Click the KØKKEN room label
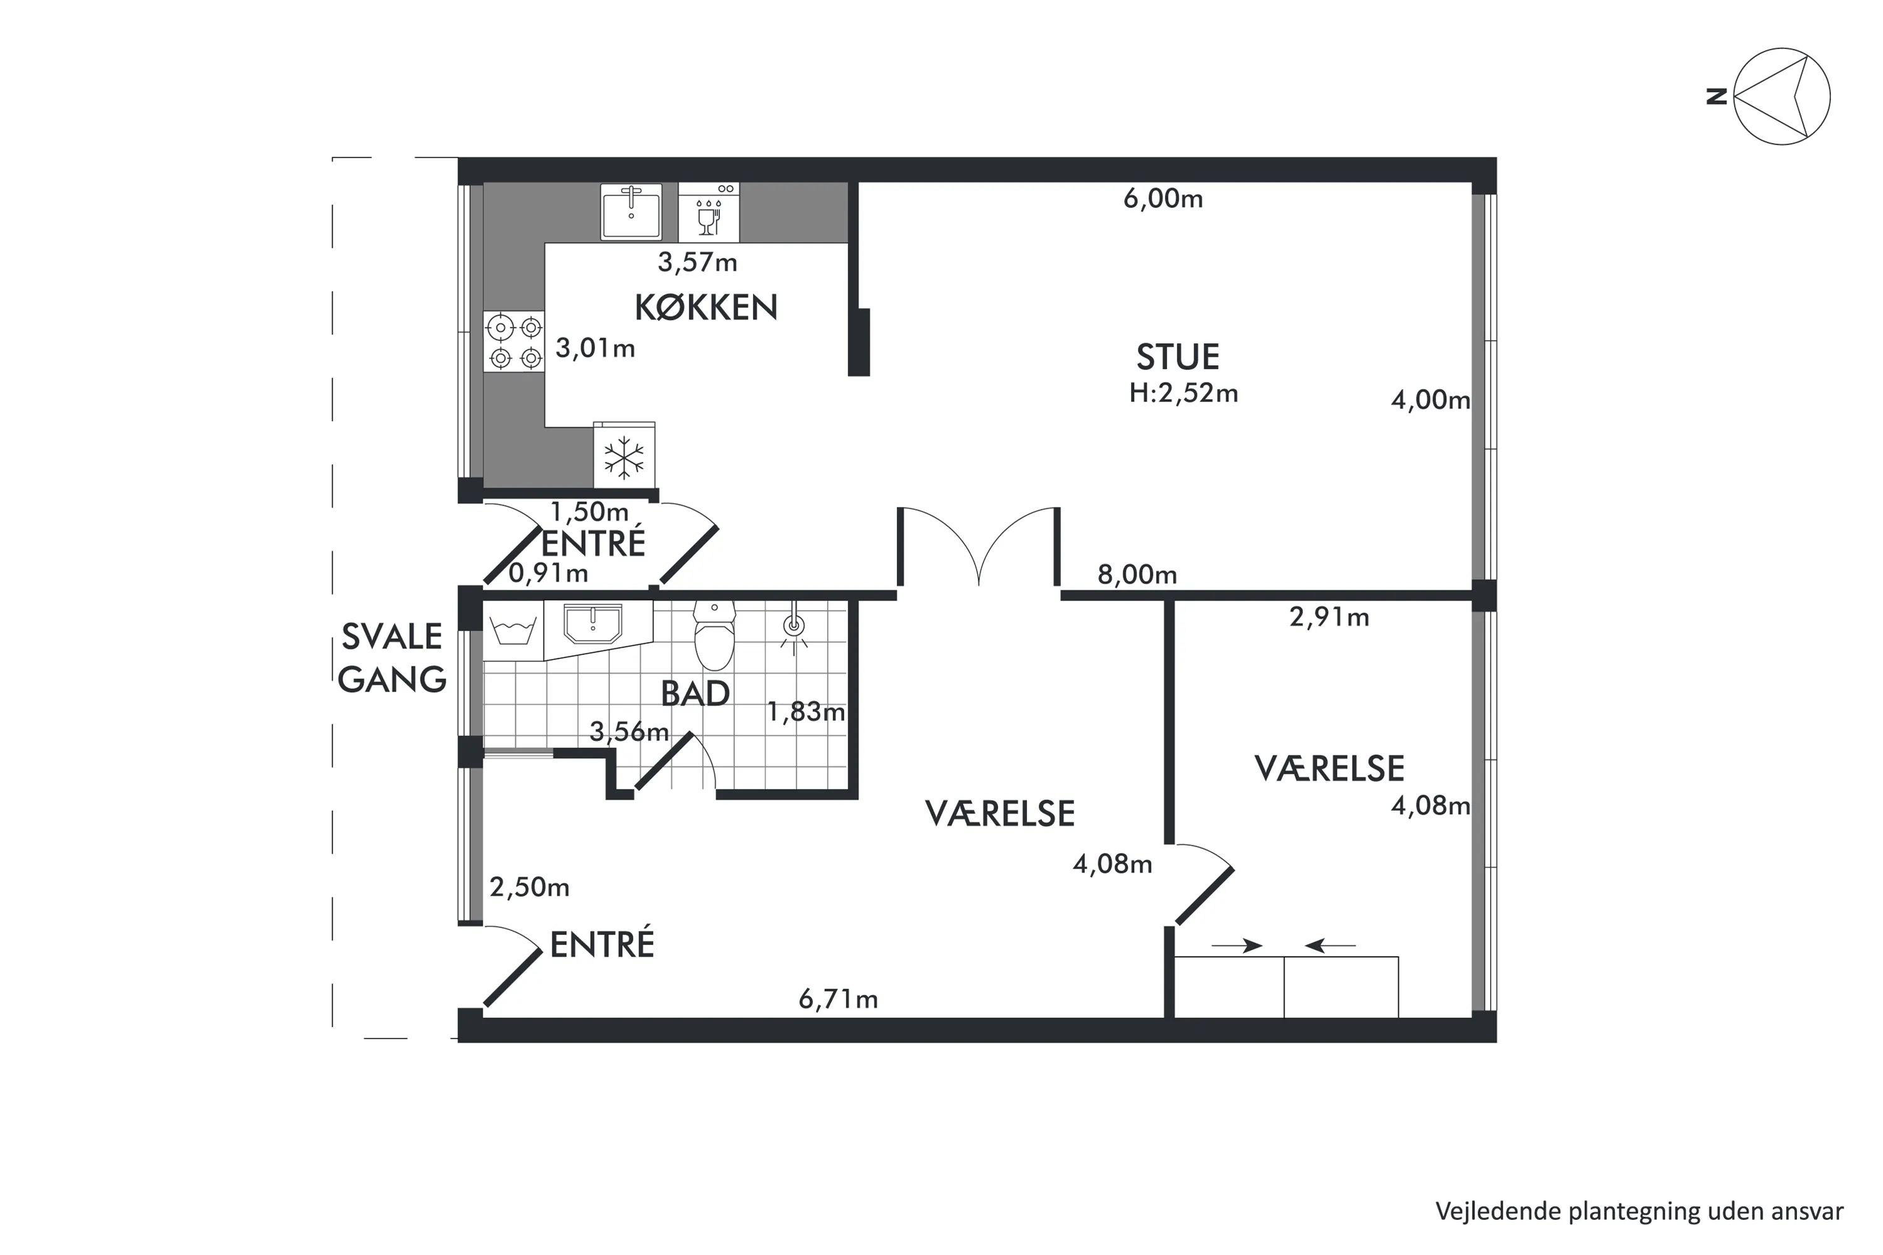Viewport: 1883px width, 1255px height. tap(706, 307)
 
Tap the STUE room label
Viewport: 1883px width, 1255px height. tap(1178, 357)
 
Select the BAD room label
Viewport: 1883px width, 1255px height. tap(695, 694)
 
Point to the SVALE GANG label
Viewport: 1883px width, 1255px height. tap(392, 658)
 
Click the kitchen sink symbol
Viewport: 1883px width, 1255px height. tap(631, 211)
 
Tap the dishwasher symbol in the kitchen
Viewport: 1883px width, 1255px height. tap(709, 212)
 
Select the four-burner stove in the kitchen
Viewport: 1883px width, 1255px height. tap(515, 340)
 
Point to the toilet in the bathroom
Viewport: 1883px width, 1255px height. tap(714, 636)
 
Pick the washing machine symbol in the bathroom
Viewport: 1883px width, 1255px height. tap(513, 631)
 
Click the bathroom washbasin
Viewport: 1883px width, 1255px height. tap(593, 624)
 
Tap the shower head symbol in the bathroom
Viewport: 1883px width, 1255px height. tap(793, 626)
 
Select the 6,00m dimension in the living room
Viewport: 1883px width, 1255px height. tap(1163, 198)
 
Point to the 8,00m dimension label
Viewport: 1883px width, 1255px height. tap(1137, 575)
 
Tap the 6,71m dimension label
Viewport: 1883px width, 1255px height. tap(838, 999)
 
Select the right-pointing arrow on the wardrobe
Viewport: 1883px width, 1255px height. tap(1237, 946)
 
